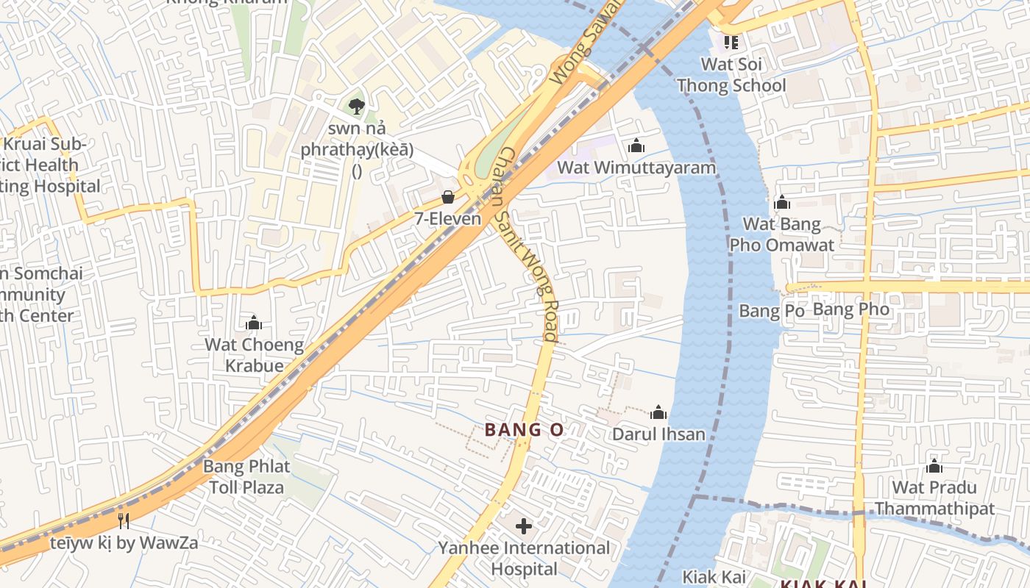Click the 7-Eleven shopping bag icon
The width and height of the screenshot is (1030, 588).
click(447, 197)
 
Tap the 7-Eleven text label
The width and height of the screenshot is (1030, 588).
click(447, 218)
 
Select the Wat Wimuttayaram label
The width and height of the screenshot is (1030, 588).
click(636, 168)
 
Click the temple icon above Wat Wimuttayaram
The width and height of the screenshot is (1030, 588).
click(636, 146)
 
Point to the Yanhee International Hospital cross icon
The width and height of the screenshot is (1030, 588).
click(524, 526)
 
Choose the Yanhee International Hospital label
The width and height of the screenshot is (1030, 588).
click(524, 559)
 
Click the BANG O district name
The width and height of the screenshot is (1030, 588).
click(524, 431)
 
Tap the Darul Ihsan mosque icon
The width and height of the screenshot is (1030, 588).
click(658, 412)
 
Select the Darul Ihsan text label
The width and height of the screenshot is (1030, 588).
click(658, 434)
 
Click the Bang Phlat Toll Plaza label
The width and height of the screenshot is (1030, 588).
click(246, 476)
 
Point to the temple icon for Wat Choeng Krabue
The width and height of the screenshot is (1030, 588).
click(254, 323)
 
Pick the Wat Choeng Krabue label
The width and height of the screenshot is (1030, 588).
click(254, 355)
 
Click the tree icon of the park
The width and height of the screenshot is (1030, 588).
click(357, 106)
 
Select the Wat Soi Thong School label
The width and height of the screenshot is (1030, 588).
click(731, 74)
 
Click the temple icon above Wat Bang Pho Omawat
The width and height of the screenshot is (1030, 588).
click(781, 202)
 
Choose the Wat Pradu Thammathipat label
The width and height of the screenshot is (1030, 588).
click(934, 498)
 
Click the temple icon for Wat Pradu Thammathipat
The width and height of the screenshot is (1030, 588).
click(934, 466)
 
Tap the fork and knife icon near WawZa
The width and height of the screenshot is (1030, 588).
click(124, 521)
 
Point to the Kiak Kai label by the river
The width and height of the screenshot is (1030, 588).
click(714, 576)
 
